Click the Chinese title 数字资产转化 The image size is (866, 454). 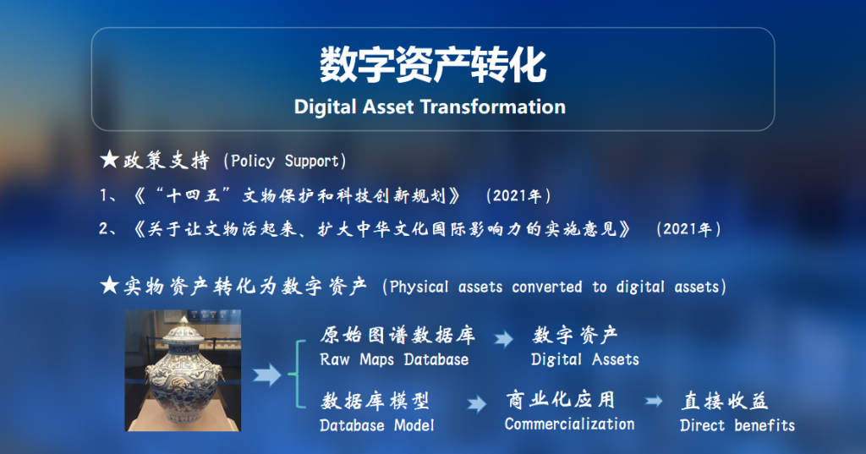pos(433,64)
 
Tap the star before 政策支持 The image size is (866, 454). pos(109,160)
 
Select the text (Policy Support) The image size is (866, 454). pos(285,161)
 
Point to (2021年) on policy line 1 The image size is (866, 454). pos(518,195)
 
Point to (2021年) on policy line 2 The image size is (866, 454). pos(688,228)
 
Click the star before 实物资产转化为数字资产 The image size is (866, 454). pos(109,286)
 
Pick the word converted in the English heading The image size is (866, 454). pos(547,287)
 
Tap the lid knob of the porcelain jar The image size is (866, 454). pos(184,320)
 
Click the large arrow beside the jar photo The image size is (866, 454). pos(267,375)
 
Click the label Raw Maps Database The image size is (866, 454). pos(394,359)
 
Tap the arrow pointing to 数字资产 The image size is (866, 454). pos(503,338)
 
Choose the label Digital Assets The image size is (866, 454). pos(585,359)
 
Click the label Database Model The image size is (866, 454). pos(376,425)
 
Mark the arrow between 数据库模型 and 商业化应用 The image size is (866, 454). pos(477,404)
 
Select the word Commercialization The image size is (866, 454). pos(569,424)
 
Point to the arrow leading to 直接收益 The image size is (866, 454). pos(654,401)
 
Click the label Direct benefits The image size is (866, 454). pos(737,425)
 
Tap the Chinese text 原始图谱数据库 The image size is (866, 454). pos(397,335)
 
